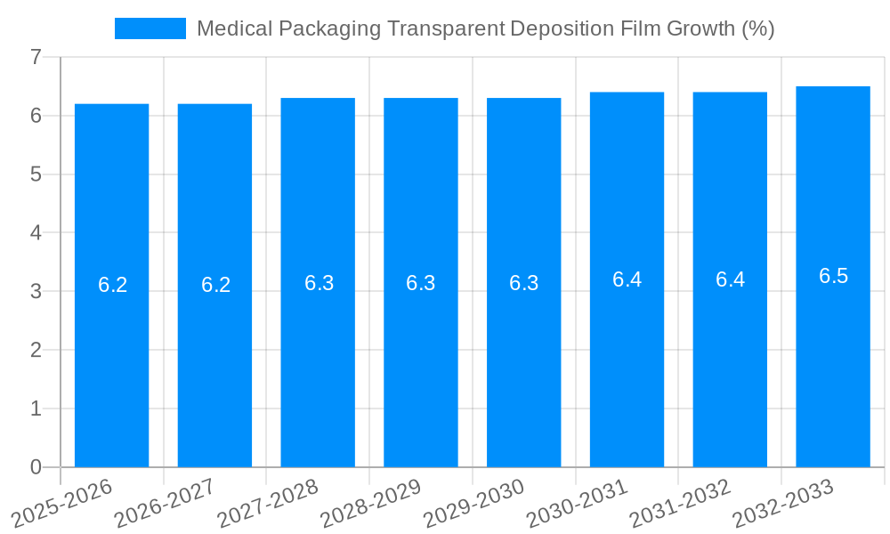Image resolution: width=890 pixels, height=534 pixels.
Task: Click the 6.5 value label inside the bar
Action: coord(833,276)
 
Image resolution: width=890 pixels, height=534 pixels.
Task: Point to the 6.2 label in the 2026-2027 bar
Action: coord(215,285)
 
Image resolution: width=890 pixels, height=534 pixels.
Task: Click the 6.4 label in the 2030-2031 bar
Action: coord(627,279)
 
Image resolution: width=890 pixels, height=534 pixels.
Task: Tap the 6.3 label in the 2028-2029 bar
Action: coord(420,283)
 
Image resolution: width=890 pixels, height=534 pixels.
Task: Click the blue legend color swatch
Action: coord(150,28)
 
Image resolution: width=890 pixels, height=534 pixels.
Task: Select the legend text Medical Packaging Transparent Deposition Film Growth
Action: coord(485,28)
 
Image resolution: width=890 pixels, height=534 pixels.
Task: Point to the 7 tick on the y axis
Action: coord(36,57)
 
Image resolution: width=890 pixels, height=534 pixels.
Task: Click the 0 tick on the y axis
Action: coord(36,467)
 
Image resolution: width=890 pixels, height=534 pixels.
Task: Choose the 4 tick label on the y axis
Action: coord(36,232)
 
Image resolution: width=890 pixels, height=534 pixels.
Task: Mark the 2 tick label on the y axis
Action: coord(36,350)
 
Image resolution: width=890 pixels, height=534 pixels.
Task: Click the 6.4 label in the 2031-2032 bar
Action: coord(730,279)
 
